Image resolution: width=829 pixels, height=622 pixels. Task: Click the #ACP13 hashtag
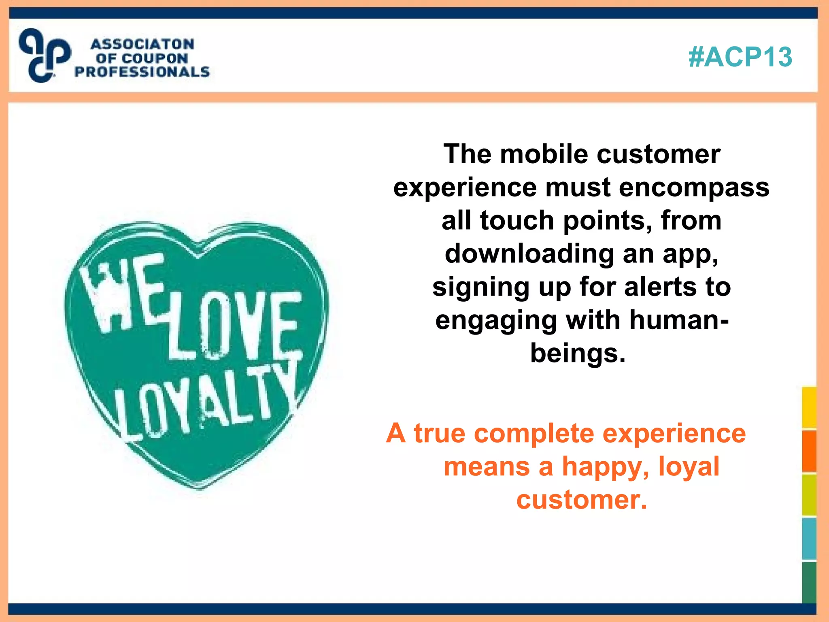click(740, 57)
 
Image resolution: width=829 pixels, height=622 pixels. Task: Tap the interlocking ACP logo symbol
click(45, 55)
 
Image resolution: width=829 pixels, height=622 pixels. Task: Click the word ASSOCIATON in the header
click(142, 44)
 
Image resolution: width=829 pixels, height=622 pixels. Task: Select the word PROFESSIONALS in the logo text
click(142, 72)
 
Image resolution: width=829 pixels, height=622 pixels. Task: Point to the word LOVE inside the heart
click(235, 326)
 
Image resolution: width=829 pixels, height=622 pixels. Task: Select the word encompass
click(694, 187)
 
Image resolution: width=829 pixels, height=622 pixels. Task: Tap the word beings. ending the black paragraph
click(578, 354)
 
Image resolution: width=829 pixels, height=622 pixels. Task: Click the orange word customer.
click(581, 500)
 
